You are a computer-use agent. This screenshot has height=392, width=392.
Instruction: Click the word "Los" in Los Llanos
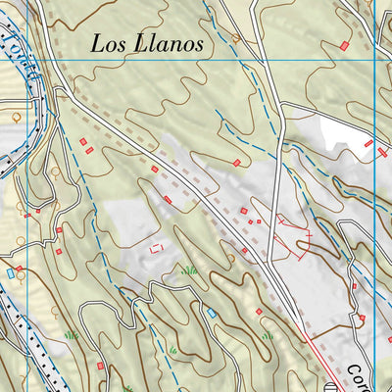(x=109, y=43)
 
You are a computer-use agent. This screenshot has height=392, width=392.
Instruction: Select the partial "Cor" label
(x=357, y=375)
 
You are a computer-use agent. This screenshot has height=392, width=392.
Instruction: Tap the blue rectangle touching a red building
(x=12, y=273)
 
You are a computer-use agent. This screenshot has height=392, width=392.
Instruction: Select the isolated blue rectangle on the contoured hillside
(x=211, y=313)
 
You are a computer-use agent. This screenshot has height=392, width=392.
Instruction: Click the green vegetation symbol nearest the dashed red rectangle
(x=190, y=269)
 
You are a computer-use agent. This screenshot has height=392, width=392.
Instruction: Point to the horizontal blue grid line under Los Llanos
(x=245, y=60)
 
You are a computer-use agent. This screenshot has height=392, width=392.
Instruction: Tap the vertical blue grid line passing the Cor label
(x=375, y=294)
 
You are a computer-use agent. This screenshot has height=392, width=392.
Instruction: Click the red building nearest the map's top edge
(x=344, y=46)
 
